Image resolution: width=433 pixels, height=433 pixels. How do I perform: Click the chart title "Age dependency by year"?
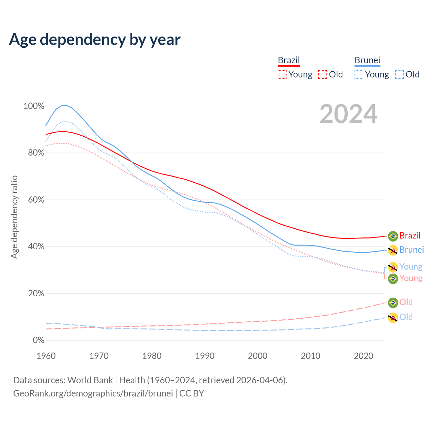95,40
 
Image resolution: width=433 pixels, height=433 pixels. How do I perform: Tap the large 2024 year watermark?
348,114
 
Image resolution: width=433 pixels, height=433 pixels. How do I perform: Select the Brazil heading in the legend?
289,60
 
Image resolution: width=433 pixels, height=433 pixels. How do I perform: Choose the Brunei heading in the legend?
367,60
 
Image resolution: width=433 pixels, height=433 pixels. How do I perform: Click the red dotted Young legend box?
282,74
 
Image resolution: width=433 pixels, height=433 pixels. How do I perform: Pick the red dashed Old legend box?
322,74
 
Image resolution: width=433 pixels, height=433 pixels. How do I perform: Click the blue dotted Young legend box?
359,74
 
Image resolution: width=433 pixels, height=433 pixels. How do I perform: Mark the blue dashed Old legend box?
399,74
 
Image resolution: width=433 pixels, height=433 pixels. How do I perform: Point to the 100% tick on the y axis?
34,106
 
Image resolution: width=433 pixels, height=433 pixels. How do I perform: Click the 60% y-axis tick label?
36,200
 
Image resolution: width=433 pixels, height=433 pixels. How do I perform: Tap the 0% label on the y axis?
38,340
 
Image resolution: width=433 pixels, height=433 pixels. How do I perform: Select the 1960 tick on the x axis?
46,356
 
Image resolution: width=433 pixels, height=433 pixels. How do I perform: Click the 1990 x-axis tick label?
205,356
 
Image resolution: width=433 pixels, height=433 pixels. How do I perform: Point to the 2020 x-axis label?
363,356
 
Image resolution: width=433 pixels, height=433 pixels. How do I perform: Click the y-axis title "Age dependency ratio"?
14,217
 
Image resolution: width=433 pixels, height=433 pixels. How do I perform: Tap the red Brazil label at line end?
410,235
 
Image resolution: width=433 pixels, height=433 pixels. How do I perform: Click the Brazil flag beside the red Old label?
393,303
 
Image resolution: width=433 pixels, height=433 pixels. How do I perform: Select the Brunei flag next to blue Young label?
393,267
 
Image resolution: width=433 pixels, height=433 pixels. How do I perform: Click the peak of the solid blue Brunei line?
64,106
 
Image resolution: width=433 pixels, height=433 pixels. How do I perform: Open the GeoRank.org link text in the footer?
93,393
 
